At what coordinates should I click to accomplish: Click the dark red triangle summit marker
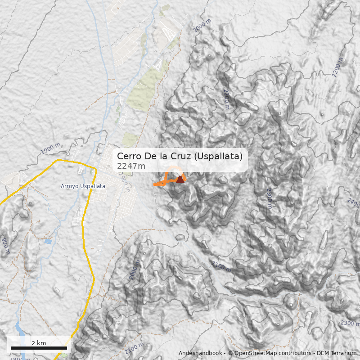(x=180, y=180)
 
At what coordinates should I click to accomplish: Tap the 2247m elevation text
(x=131, y=166)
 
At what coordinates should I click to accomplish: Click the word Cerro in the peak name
(x=129, y=156)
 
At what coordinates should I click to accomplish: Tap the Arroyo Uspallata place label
(x=83, y=186)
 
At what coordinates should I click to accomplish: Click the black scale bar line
(x=39, y=348)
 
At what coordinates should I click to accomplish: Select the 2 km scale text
(x=39, y=343)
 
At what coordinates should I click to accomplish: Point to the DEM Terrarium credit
(x=336, y=353)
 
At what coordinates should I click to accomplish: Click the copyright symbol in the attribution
(x=230, y=353)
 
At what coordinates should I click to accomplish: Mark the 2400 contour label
(x=354, y=201)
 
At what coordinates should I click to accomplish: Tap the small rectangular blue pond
(x=48, y=242)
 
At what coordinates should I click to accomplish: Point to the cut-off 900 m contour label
(x=5, y=246)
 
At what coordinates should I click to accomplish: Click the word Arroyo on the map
(x=70, y=186)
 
